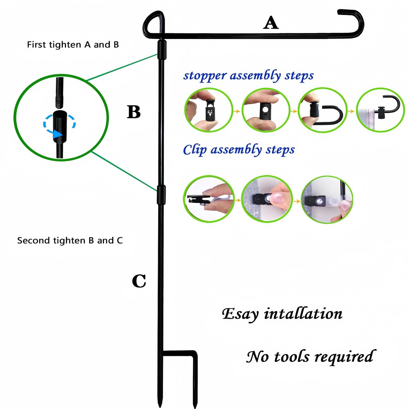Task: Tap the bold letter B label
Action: point(134,112)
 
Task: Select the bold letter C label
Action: point(139,281)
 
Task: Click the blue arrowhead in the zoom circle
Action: point(57,134)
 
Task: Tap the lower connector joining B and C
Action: point(161,195)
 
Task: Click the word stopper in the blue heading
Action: point(205,76)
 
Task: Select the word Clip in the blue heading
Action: point(194,150)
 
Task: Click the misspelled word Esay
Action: point(240,314)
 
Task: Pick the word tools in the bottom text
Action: point(292,357)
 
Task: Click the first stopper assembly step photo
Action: point(209,110)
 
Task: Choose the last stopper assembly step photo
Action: point(381,110)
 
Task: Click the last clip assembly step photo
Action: point(327,199)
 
